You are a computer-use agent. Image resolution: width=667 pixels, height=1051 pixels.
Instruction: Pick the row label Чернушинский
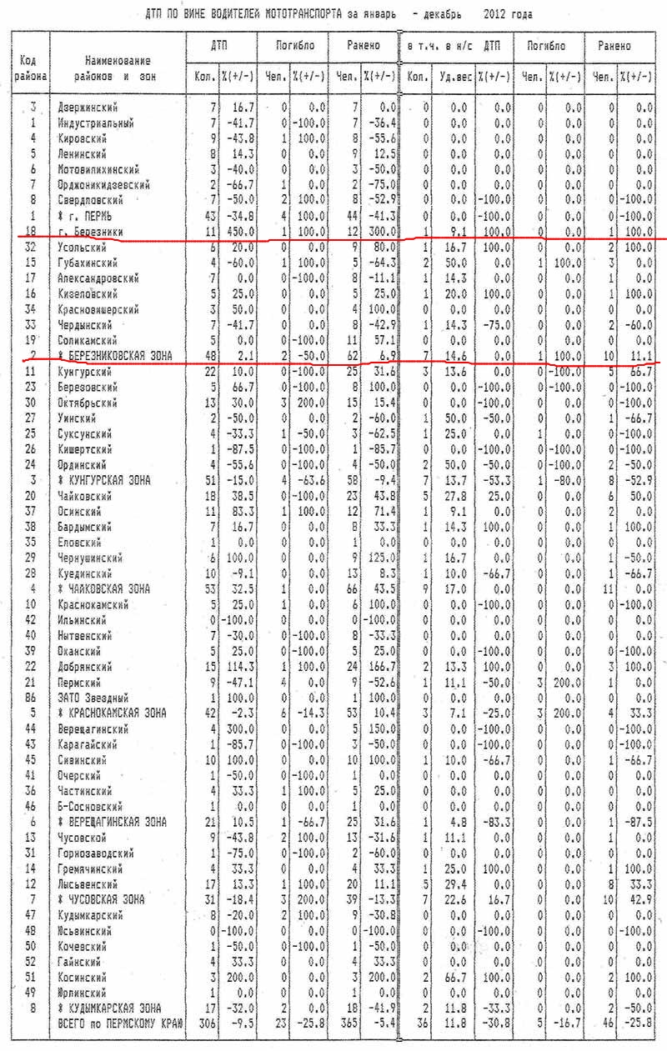click(92, 557)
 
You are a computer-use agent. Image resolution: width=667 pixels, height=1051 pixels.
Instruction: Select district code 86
click(33, 697)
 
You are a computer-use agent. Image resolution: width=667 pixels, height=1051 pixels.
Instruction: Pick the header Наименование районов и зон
click(118, 69)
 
